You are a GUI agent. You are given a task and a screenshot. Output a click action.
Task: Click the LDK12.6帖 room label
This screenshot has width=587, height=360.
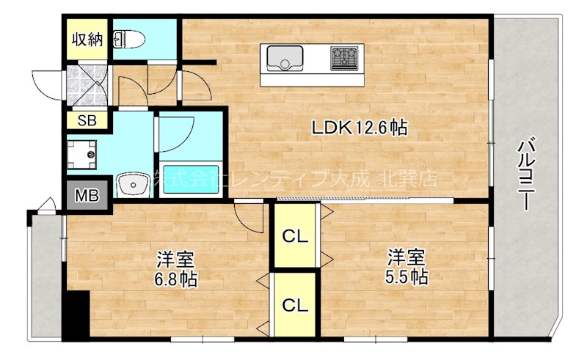360,128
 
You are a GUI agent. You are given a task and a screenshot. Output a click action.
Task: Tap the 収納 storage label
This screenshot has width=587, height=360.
86,39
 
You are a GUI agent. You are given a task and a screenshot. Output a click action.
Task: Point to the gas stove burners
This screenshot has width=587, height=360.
345,56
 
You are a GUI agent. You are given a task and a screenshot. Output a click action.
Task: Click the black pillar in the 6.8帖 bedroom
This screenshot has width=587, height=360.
76,316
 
